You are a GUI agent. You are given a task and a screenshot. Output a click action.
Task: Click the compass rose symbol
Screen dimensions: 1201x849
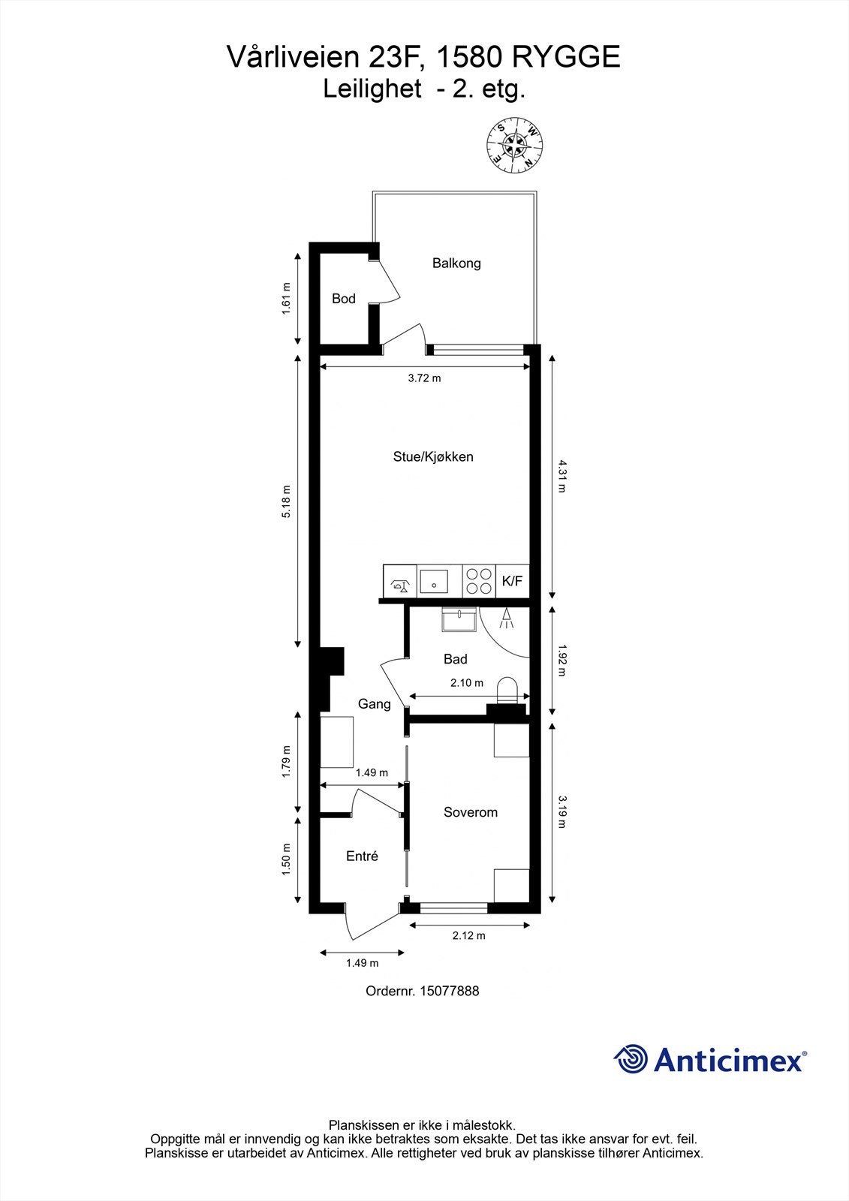[x=514, y=145]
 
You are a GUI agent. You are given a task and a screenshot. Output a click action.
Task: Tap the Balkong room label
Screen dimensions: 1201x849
[x=456, y=263]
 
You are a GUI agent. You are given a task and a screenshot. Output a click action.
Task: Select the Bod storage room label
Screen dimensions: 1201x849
[x=344, y=299]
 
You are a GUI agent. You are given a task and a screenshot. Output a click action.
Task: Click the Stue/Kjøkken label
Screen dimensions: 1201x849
[x=433, y=456]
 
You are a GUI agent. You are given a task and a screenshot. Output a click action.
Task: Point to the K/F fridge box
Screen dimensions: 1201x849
[x=512, y=581]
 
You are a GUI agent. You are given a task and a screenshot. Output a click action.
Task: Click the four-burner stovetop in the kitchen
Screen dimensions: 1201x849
[x=479, y=581]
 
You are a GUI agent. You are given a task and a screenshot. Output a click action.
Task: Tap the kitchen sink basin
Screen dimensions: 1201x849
[x=434, y=581]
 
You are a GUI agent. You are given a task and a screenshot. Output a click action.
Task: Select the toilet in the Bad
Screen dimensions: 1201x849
[x=508, y=690]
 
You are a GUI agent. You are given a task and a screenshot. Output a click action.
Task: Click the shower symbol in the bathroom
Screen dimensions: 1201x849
[x=507, y=618]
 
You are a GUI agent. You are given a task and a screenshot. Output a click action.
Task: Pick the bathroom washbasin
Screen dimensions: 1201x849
[x=458, y=620]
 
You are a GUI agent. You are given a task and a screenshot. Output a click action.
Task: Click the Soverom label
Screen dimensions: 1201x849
[x=471, y=812]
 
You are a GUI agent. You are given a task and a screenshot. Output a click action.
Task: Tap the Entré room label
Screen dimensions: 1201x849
[x=362, y=856]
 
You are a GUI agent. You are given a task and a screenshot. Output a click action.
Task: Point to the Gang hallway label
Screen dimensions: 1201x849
[x=374, y=704]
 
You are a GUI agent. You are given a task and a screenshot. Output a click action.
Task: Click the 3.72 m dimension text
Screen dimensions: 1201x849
[x=424, y=378]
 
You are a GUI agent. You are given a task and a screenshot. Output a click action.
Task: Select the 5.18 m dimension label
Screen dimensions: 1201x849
[x=286, y=502]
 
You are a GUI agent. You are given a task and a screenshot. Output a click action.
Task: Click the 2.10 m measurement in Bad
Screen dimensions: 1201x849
[x=467, y=683]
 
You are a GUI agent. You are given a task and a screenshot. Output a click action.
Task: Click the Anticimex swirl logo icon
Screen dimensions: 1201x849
[x=631, y=1059]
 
